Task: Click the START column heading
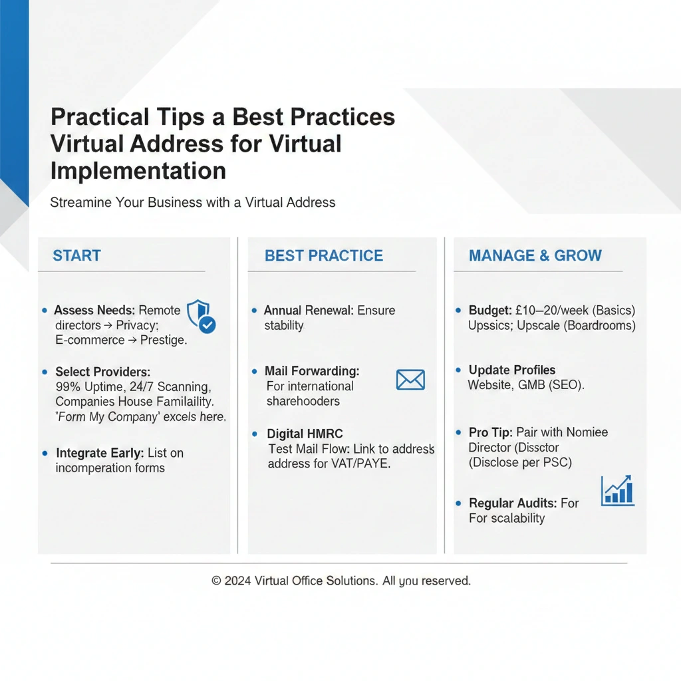[77, 255]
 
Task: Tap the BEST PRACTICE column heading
[324, 255]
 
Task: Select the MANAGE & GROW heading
[535, 255]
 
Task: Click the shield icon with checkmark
[201, 316]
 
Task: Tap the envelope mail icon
[410, 380]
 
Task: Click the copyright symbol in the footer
[216, 581]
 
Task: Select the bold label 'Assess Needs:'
[94, 310]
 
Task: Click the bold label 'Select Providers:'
[103, 372]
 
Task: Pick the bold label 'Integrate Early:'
[100, 453]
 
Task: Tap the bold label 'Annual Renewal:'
[309, 310]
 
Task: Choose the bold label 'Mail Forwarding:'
[313, 371]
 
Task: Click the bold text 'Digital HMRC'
[305, 434]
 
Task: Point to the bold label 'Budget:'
[490, 310]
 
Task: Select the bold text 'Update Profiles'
[512, 370]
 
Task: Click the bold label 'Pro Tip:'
[491, 432]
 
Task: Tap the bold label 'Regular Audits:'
[513, 503]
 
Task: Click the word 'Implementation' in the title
[138, 170]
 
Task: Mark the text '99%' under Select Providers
[68, 386]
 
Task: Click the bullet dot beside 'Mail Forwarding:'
[255, 371]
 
